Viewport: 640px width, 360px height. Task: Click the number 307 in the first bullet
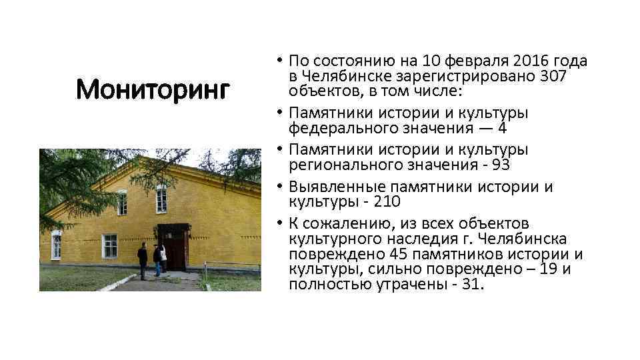[553, 76]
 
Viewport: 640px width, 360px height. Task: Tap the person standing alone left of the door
[143, 260]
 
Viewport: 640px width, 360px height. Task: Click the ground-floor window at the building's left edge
[57, 245]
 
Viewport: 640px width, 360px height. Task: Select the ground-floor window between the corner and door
[109, 246]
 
